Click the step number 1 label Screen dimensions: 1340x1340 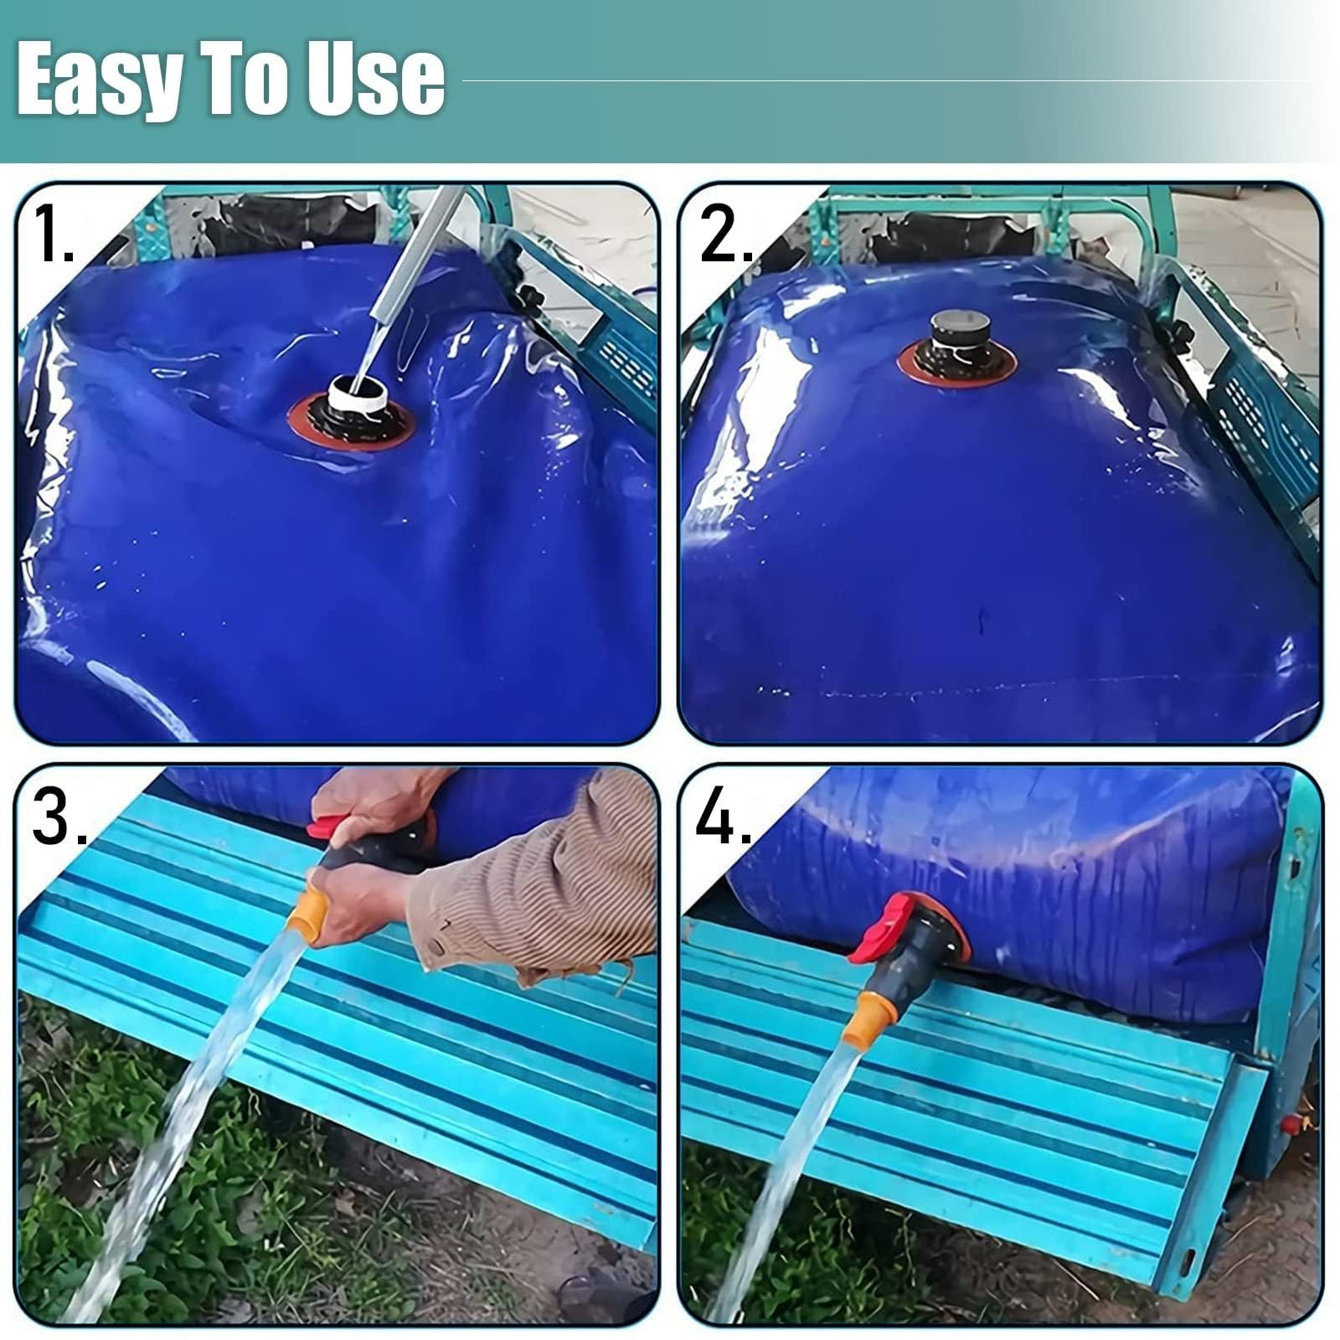tap(54, 234)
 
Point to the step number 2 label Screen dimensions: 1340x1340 tap(725, 234)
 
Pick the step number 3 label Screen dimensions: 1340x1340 tap(59, 816)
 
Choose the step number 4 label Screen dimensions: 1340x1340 tap(724, 816)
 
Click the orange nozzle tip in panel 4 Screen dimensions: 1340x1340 tap(865, 1022)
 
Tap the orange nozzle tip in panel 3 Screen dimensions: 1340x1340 tap(307, 916)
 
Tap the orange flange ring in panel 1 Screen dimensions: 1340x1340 tap(352, 424)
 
